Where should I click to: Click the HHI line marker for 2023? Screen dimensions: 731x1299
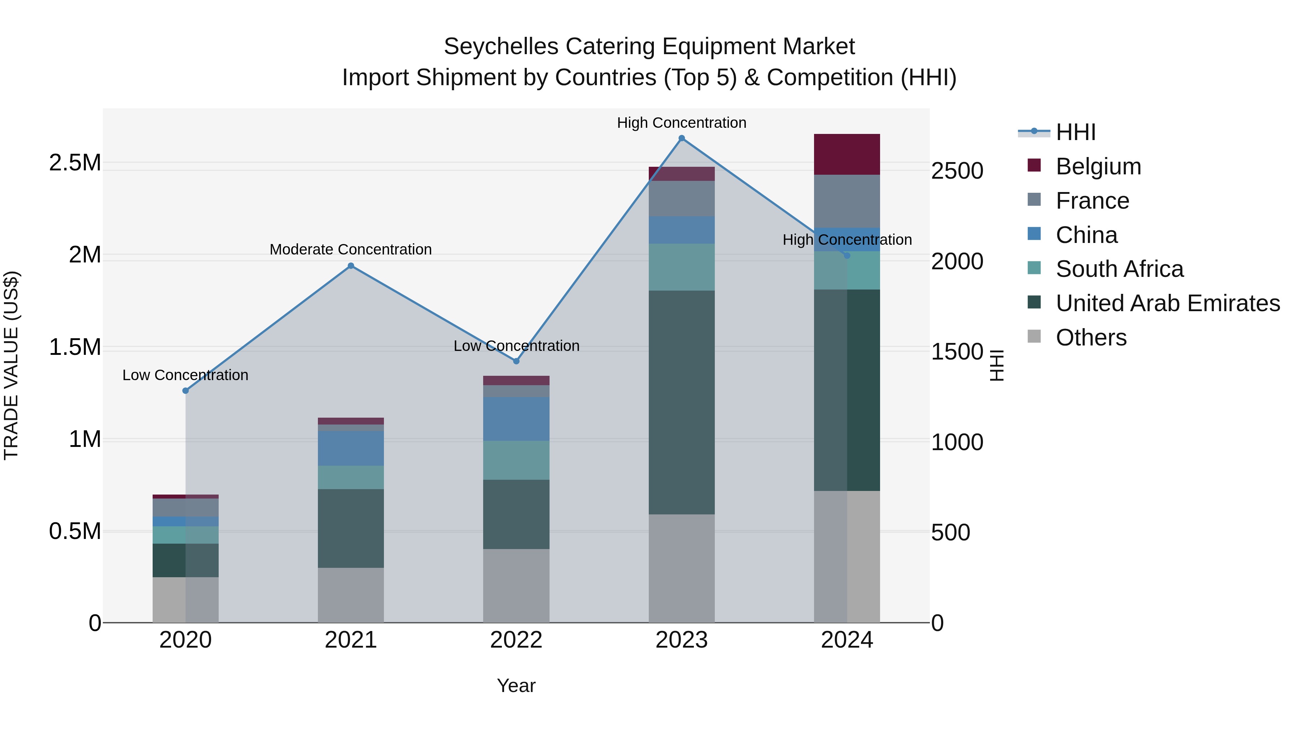coord(681,138)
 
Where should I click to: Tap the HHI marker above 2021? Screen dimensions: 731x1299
coord(351,266)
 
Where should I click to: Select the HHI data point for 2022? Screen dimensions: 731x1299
coord(516,361)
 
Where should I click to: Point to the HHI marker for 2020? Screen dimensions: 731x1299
coord(185,391)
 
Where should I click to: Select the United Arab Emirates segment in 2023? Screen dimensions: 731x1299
coord(681,402)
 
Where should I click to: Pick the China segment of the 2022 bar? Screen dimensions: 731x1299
coord(516,419)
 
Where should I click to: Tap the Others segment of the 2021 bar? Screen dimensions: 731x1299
coord(351,595)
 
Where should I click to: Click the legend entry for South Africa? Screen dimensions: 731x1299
coord(1119,269)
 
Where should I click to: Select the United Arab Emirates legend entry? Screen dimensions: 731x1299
coord(1167,303)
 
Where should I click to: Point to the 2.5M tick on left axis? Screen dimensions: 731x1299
coord(75,163)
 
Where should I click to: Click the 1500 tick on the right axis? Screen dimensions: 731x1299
coord(957,352)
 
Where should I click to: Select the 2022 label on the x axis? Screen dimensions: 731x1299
coord(516,640)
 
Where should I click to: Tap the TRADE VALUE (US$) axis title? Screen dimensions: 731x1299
coord(11,365)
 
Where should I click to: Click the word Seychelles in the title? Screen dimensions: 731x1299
coord(501,47)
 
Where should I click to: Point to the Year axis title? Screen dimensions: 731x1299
coord(516,686)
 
